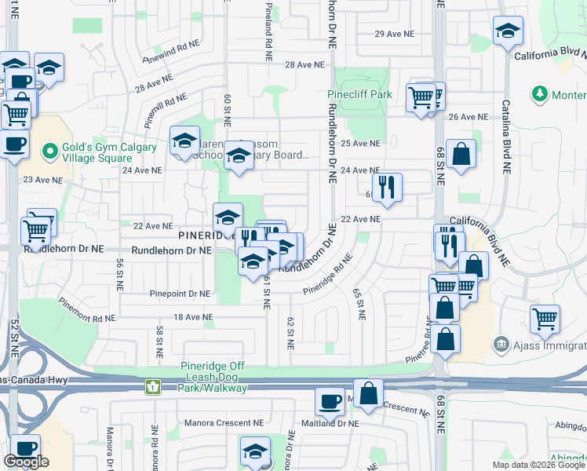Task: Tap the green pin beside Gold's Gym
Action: click(x=49, y=149)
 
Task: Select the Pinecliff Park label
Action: click(x=359, y=94)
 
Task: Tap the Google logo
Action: click(x=26, y=462)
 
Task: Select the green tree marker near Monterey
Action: click(x=539, y=95)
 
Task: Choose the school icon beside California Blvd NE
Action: click(x=508, y=31)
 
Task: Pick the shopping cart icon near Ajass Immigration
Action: click(x=545, y=318)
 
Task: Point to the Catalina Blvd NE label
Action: click(x=505, y=141)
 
